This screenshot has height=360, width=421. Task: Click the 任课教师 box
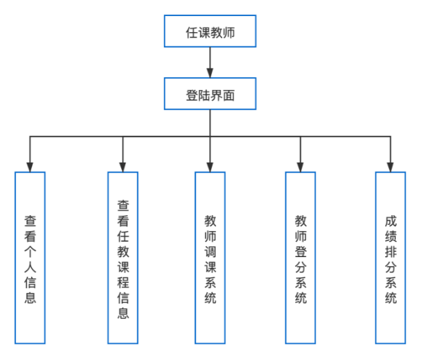(x=210, y=31)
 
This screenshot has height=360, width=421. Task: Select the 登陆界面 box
(x=210, y=94)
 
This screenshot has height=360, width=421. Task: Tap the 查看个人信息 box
(x=30, y=258)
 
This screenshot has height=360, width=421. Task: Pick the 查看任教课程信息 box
(x=123, y=258)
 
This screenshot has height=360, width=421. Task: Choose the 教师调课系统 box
(x=210, y=258)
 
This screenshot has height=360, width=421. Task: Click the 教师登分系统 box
(x=300, y=258)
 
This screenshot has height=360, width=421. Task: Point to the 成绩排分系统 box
(x=390, y=258)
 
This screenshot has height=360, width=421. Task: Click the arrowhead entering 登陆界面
(x=210, y=72)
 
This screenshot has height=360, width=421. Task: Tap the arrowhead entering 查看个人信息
(x=30, y=167)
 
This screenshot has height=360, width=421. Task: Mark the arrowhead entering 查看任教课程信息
(x=123, y=167)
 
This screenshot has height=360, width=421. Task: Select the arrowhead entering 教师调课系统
(x=210, y=167)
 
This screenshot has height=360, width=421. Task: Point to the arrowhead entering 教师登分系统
(x=300, y=167)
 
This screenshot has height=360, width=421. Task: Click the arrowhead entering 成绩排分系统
(x=390, y=167)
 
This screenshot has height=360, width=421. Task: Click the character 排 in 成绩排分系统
(x=390, y=252)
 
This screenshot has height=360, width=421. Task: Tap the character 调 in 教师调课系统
(x=210, y=252)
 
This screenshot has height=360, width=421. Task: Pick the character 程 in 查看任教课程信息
(x=124, y=283)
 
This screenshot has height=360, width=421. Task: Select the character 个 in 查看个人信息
(x=31, y=252)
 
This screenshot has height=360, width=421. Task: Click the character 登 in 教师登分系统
(x=300, y=252)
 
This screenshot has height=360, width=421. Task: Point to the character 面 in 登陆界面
(x=229, y=95)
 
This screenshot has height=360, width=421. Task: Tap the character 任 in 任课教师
(x=191, y=33)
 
